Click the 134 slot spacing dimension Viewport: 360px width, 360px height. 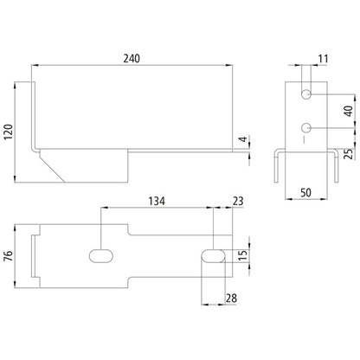157,200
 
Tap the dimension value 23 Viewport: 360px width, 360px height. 237,200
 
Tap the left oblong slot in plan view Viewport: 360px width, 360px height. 101,256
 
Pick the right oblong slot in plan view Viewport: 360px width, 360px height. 214,256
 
